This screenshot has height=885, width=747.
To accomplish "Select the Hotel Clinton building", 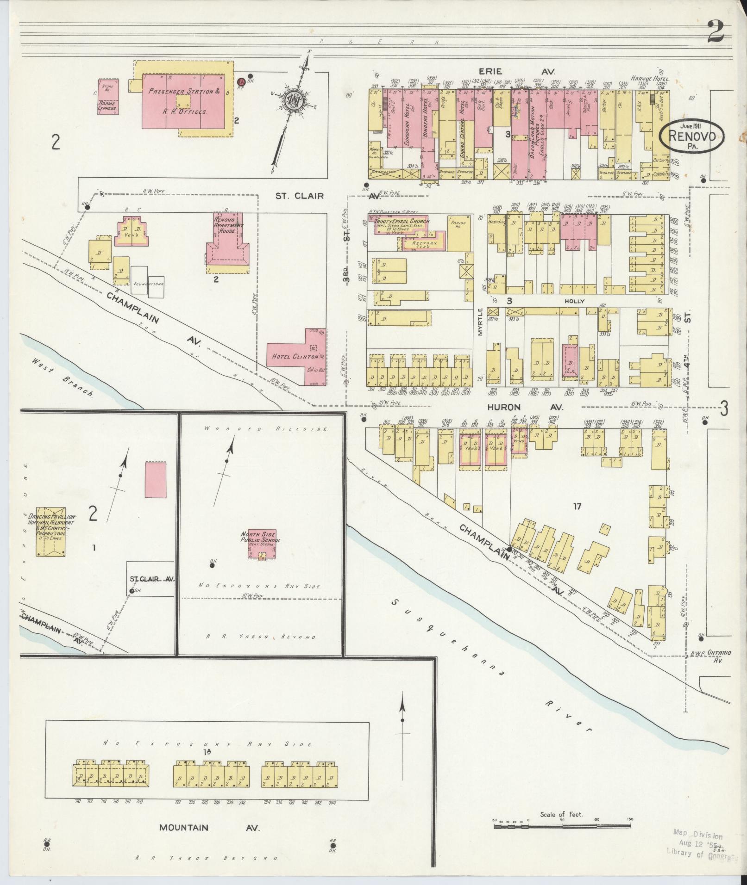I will [x=296, y=357].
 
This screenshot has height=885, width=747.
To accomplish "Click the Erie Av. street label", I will [x=517, y=72].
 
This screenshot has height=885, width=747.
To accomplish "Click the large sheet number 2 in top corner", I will [x=715, y=33].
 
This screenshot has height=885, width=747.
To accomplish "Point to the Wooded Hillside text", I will [x=262, y=429].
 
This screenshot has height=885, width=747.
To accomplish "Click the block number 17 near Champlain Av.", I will [x=576, y=506].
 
